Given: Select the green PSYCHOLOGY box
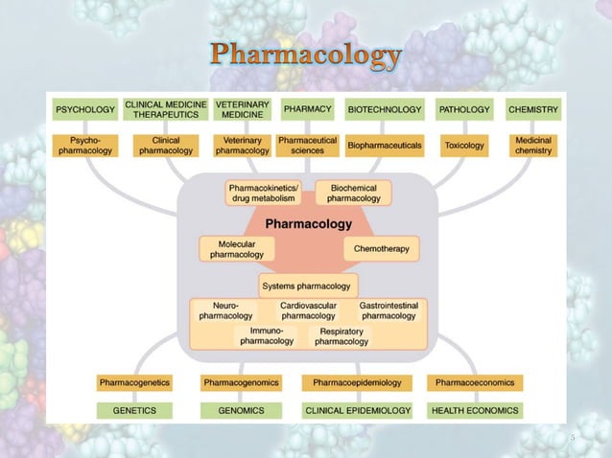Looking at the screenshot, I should point(84,110).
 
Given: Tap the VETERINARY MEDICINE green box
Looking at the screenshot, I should point(243,109).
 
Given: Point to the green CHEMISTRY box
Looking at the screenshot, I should point(533,110).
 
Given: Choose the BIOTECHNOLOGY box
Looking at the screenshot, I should point(385,110).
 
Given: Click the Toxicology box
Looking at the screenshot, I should point(464,146).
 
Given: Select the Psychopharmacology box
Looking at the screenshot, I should point(84,146).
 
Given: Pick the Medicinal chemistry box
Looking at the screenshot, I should point(533,146).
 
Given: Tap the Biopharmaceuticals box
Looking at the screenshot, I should point(385,146).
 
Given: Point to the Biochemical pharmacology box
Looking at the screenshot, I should point(353,193).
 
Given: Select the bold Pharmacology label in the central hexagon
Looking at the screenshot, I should point(308,223).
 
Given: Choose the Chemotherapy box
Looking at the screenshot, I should point(382,249).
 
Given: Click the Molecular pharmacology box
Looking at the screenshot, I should point(237,249).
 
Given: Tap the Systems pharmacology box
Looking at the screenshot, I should point(308,285).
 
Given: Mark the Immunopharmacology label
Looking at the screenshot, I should point(267,335).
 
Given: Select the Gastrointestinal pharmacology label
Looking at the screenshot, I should point(388,310).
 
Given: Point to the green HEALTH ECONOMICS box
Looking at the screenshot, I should point(476,410).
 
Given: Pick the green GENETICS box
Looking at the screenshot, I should point(134,410).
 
